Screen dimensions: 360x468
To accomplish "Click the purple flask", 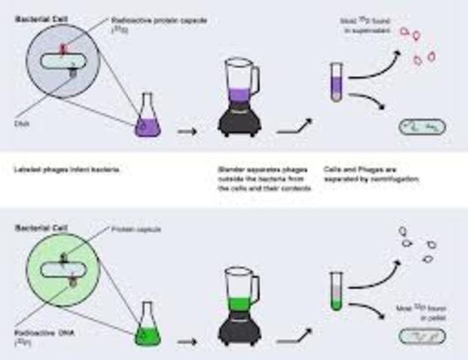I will coord(147,121).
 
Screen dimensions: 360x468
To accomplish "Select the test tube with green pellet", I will coord(337,293).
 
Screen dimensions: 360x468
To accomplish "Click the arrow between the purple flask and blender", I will coord(187,133).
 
